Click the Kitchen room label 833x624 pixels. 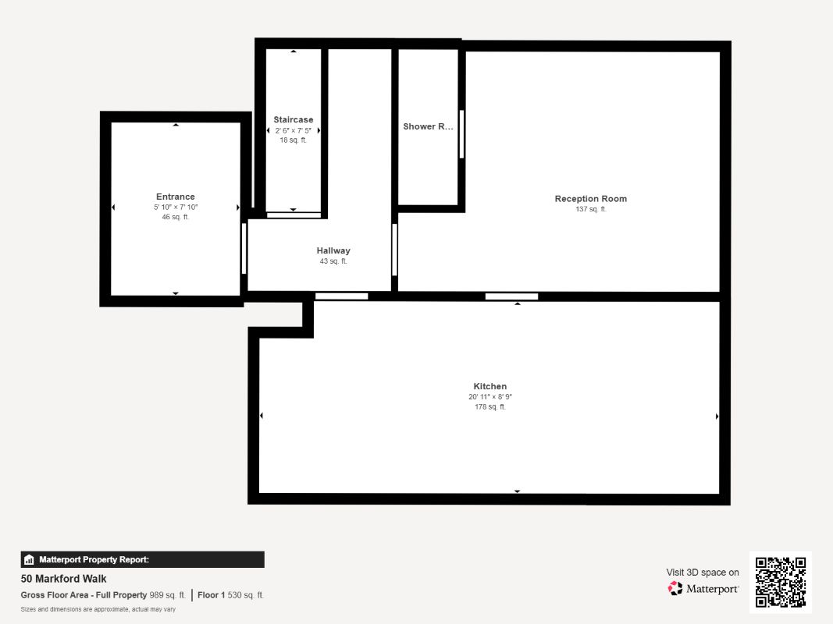pyautogui.click(x=489, y=386)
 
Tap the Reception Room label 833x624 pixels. pyautogui.click(x=590, y=199)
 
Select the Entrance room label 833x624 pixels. pyautogui.click(x=175, y=197)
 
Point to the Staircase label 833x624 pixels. pyautogui.click(x=293, y=119)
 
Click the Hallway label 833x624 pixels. pyautogui.click(x=333, y=250)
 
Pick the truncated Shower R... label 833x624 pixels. pyautogui.click(x=428, y=126)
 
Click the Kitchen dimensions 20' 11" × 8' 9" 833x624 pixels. pyautogui.click(x=489, y=397)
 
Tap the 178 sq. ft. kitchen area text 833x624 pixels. pyautogui.click(x=489, y=406)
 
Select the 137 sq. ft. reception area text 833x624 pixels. pyautogui.click(x=590, y=209)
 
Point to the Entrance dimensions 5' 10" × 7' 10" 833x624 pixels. pyautogui.click(x=175, y=207)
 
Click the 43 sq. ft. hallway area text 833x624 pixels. pyautogui.click(x=333, y=261)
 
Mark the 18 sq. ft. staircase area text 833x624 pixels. pyautogui.click(x=293, y=140)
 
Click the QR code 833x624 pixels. pyautogui.click(x=780, y=582)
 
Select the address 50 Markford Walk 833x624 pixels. pyautogui.click(x=64, y=579)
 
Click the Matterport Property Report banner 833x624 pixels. pyautogui.click(x=142, y=559)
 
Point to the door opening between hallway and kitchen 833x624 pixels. pyautogui.click(x=341, y=296)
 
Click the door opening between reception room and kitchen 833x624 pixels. pyautogui.click(x=511, y=296)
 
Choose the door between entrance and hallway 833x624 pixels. pyautogui.click(x=244, y=248)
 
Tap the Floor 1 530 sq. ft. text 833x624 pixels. pyautogui.click(x=230, y=595)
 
